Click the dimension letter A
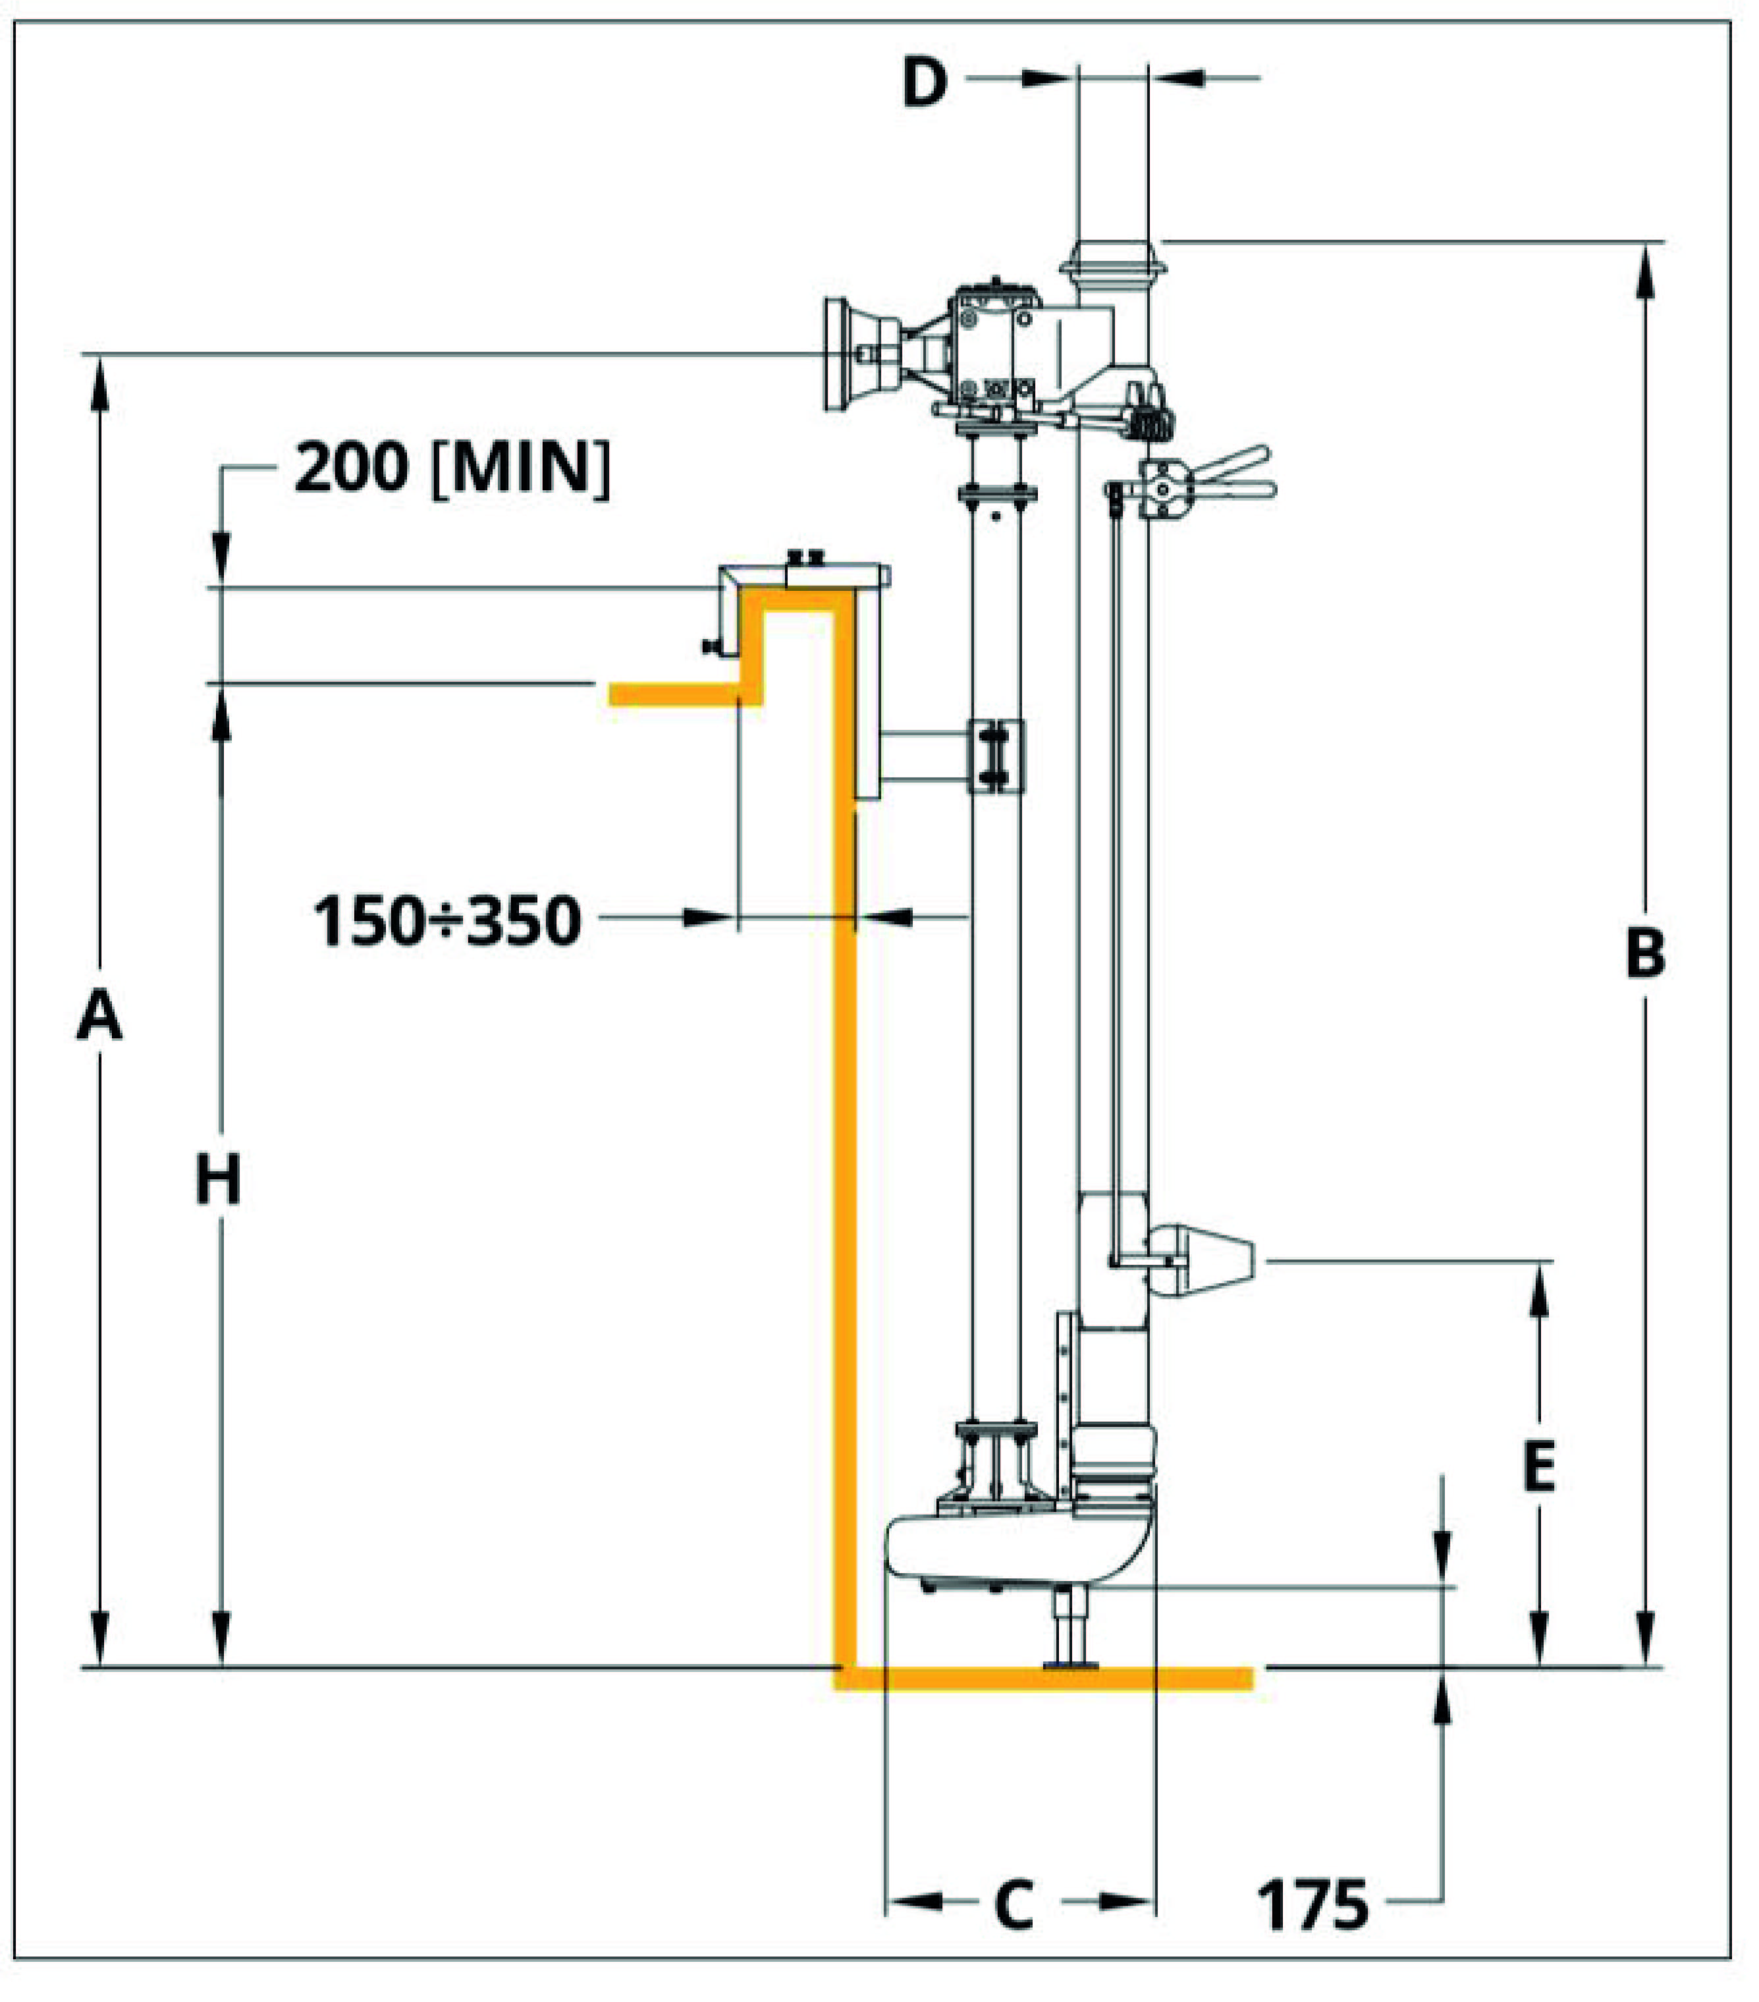[99, 1016]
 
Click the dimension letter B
[1644, 953]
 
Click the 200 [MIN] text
[452, 468]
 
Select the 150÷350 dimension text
[447, 921]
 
